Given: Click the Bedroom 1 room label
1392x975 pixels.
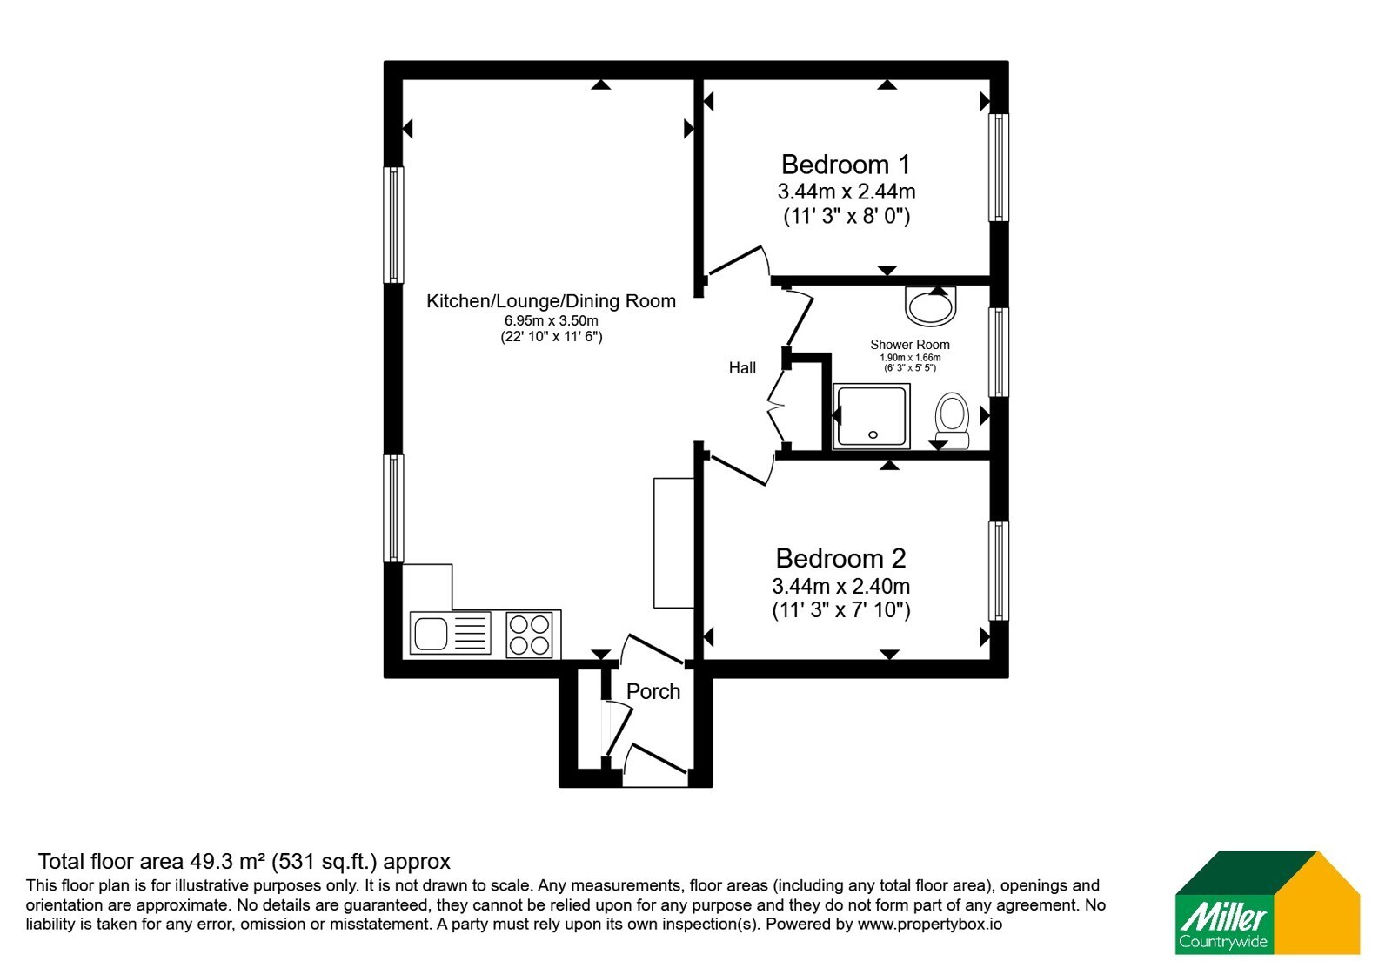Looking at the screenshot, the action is [845, 165].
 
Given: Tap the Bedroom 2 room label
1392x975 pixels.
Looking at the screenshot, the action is [840, 558].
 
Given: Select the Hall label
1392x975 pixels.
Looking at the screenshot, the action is [742, 368].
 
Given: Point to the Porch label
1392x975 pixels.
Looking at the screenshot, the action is [653, 691].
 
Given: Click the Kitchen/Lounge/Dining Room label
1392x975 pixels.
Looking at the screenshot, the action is [551, 301].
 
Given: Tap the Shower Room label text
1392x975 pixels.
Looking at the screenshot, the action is [910, 345].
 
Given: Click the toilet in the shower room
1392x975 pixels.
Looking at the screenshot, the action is [952, 420].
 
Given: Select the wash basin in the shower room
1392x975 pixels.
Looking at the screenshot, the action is [930, 306].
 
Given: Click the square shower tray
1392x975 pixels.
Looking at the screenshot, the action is [871, 416].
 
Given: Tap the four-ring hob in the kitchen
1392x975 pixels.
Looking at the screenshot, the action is [529, 635].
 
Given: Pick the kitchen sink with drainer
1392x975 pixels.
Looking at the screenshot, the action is [450, 633].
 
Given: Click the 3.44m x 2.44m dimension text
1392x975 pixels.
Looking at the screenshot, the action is [847, 192].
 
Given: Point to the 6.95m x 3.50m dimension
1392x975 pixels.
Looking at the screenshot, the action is [552, 321].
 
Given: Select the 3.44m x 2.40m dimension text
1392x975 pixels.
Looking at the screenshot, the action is [840, 586].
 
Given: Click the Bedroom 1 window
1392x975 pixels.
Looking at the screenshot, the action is [999, 167].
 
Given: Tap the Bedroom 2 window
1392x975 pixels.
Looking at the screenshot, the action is [999, 571].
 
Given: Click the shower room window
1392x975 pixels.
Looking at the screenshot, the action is [999, 353].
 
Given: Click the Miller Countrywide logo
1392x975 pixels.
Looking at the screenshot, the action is [1267, 902].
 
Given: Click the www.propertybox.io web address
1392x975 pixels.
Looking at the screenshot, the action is [930, 924].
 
